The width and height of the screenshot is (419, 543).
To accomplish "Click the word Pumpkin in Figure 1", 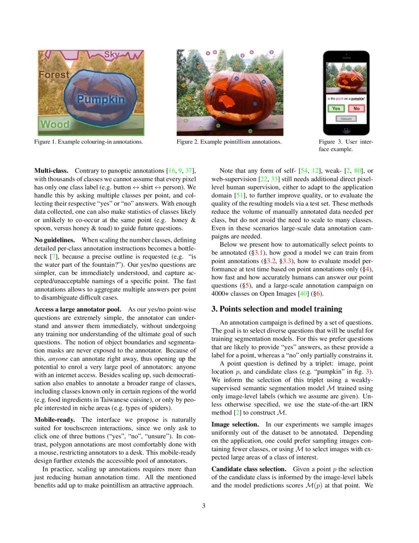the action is point(101,99).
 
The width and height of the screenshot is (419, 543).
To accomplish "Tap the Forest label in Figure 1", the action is point(54,75).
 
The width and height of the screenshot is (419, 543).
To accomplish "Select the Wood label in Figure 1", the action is point(55,124).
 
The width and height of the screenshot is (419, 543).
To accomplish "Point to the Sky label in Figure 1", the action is point(112,54).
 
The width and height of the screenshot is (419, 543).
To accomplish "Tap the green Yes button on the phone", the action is point(336,108).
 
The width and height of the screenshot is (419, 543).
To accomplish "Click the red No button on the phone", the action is point(356,108).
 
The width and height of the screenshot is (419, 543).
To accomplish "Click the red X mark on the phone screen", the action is point(357,75).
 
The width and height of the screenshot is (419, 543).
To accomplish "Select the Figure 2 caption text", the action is point(229,142).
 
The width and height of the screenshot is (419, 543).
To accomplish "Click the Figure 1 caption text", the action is point(89,142).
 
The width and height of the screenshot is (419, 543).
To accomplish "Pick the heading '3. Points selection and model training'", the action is point(277,309).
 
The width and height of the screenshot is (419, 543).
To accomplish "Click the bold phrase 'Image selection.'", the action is point(235,424).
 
